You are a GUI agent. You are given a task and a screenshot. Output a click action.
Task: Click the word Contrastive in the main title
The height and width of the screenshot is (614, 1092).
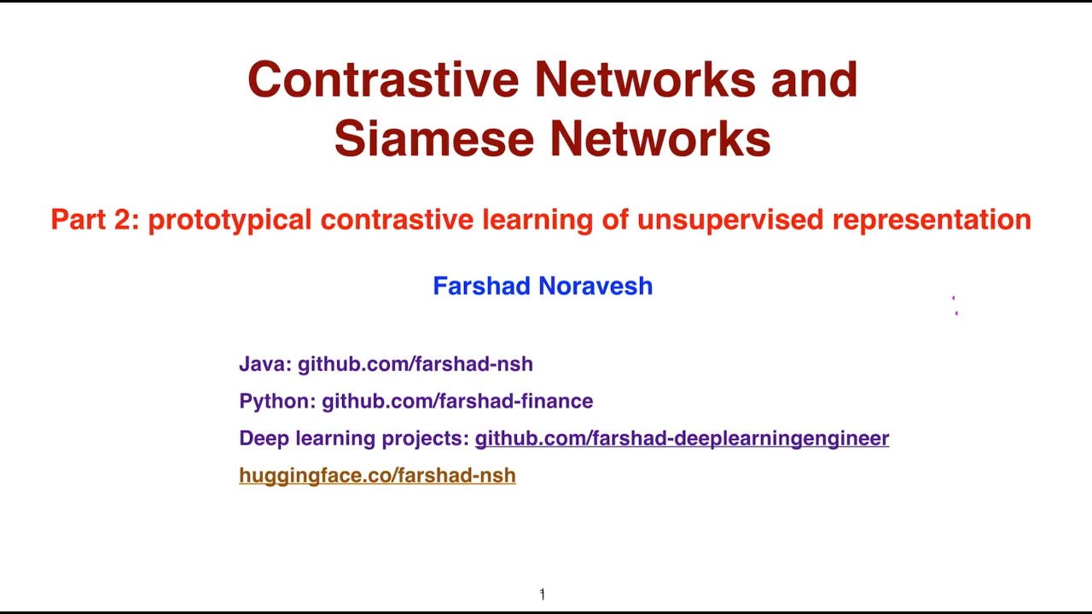click(x=383, y=79)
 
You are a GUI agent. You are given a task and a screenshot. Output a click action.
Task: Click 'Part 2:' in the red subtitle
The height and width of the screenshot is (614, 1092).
click(x=95, y=220)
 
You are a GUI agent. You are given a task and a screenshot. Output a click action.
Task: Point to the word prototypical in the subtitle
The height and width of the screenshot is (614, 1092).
click(x=229, y=220)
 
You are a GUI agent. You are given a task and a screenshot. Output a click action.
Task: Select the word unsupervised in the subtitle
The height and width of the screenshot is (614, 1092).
click(x=730, y=220)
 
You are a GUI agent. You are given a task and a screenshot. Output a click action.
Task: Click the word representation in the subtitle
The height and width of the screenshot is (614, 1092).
click(x=932, y=220)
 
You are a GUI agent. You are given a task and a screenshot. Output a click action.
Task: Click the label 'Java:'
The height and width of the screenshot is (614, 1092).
click(x=265, y=364)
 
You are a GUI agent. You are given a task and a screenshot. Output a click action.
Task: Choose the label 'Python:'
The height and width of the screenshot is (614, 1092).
click(x=277, y=401)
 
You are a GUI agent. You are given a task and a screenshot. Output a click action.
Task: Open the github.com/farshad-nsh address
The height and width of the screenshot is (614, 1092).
click(x=415, y=364)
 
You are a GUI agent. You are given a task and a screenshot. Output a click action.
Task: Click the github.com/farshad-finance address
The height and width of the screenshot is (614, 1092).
click(x=457, y=401)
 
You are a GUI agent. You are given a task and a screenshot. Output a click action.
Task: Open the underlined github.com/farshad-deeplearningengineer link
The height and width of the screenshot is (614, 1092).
click(x=682, y=438)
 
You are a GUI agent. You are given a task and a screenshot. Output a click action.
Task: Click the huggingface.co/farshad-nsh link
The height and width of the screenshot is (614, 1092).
click(x=377, y=476)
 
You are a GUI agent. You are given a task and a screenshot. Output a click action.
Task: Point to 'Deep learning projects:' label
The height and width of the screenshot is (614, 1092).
click(x=354, y=438)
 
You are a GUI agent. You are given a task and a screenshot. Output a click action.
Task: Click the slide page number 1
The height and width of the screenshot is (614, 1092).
click(x=543, y=594)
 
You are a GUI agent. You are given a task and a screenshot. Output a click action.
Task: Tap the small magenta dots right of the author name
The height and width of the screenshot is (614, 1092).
click(x=955, y=306)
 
